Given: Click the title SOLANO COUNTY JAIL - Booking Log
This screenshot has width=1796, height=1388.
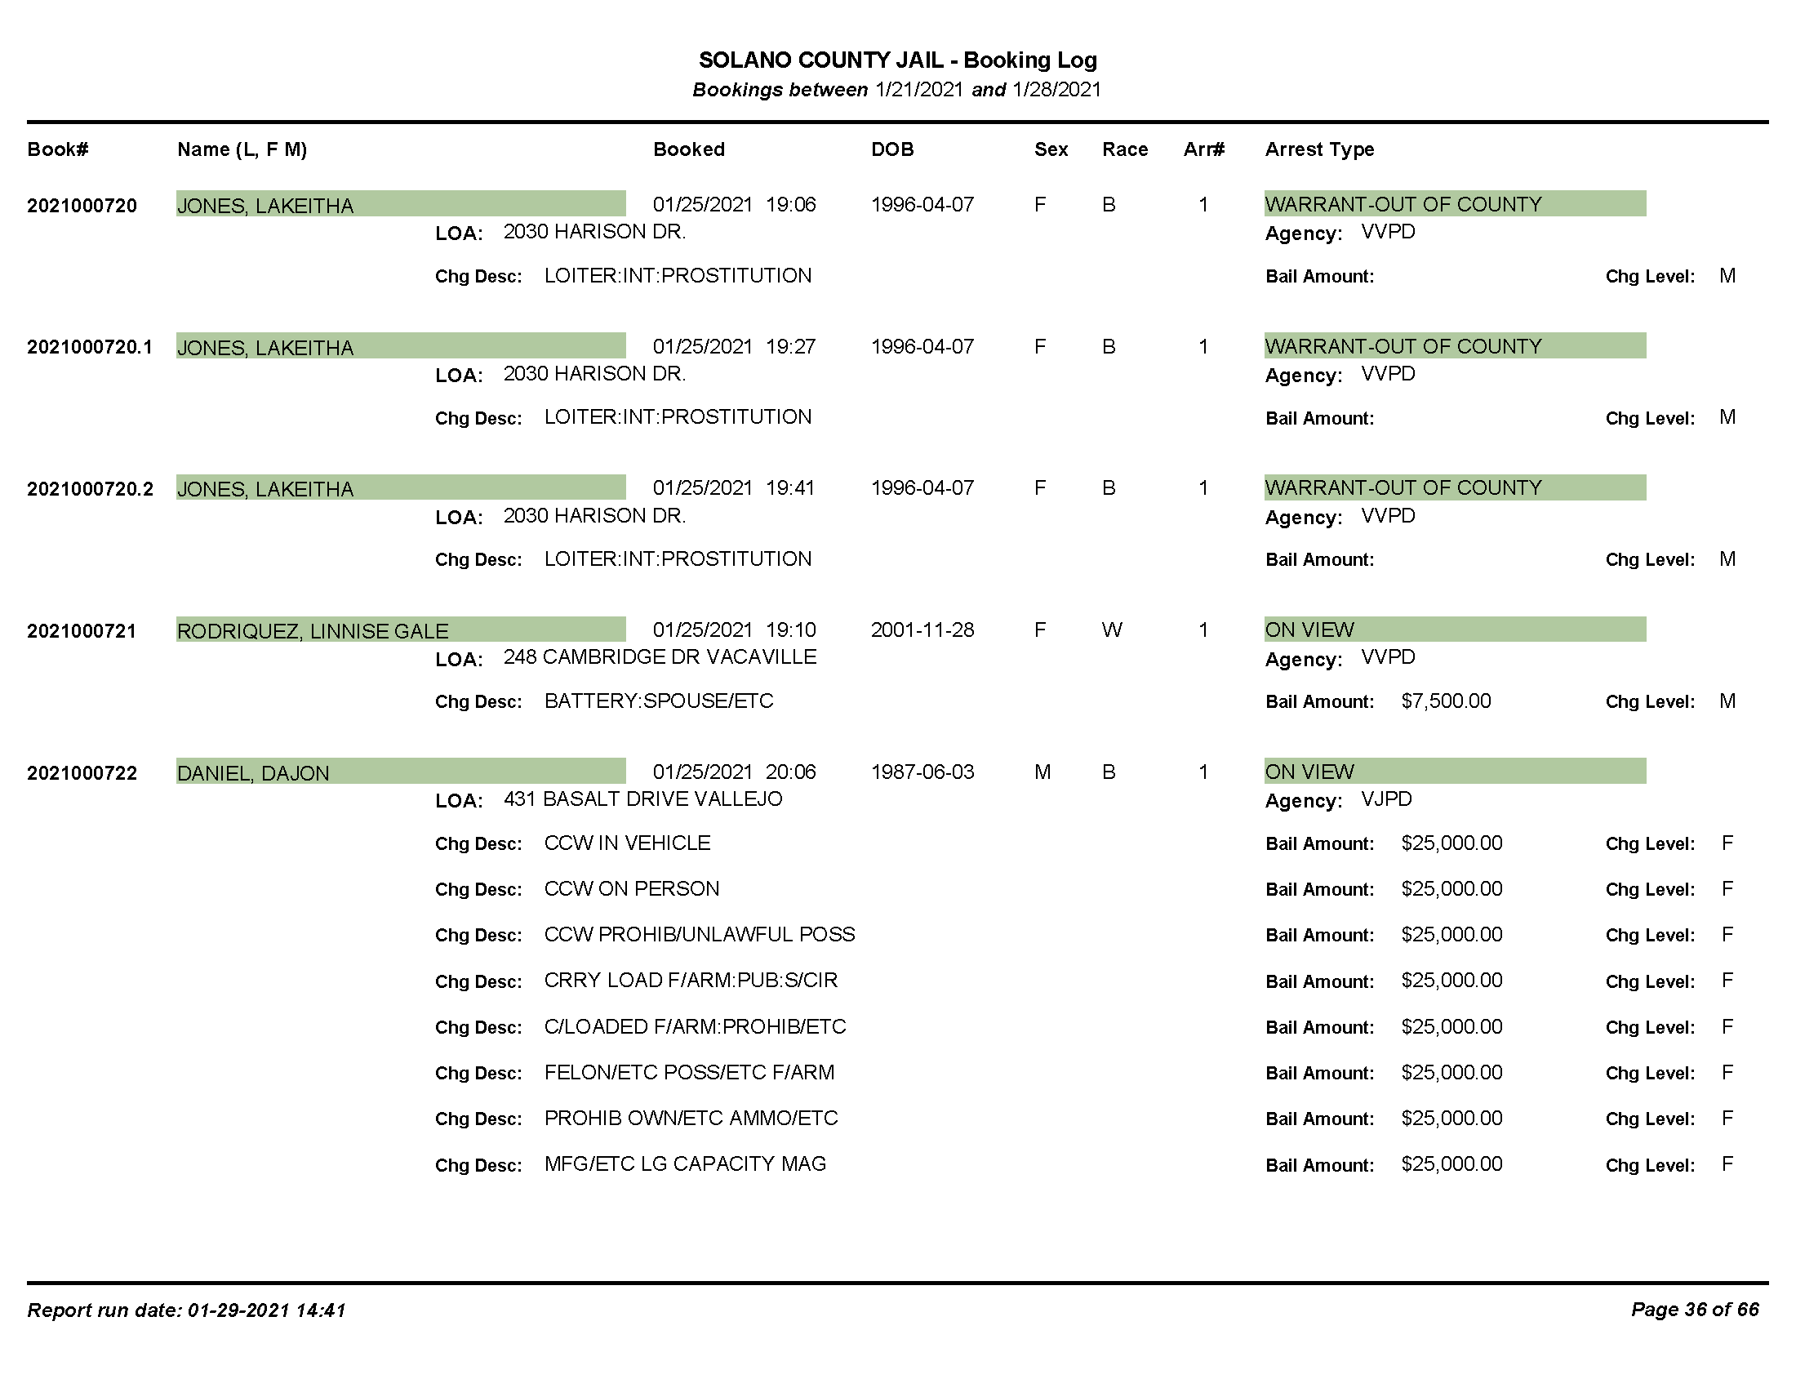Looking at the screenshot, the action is (897, 60).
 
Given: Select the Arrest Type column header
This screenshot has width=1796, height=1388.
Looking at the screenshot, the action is (1319, 149).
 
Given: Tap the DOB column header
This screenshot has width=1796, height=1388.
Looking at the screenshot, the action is (892, 149).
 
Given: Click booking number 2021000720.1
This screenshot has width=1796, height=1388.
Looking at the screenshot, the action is (90, 347).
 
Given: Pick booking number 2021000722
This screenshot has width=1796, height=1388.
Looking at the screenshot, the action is (82, 773).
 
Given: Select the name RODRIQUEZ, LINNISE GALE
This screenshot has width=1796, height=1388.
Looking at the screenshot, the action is (313, 630).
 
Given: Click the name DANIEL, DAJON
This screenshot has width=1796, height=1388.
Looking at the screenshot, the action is (253, 773).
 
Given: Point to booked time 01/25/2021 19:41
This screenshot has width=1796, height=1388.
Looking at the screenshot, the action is (734, 488).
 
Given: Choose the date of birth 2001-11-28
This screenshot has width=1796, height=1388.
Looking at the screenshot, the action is (922, 629).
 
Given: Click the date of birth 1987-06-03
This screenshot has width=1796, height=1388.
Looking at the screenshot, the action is (922, 772).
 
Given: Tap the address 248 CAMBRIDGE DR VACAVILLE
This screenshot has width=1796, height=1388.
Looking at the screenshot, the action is (660, 657).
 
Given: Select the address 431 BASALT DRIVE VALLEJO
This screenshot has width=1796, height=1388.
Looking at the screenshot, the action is (642, 799).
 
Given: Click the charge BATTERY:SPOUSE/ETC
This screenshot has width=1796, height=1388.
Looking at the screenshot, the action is (659, 701).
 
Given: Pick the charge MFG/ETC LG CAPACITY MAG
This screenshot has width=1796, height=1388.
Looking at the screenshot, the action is (685, 1163).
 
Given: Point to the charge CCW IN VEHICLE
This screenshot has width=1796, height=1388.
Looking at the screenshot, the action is (628, 843).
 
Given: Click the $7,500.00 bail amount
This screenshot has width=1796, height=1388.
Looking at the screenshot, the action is (1446, 701).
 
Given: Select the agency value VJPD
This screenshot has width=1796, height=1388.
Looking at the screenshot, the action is (1386, 799).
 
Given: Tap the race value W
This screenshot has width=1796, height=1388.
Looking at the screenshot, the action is (1112, 629).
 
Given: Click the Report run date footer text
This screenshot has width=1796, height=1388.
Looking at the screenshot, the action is (187, 1310).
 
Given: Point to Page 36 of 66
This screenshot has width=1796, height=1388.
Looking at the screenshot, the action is (1695, 1309).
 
